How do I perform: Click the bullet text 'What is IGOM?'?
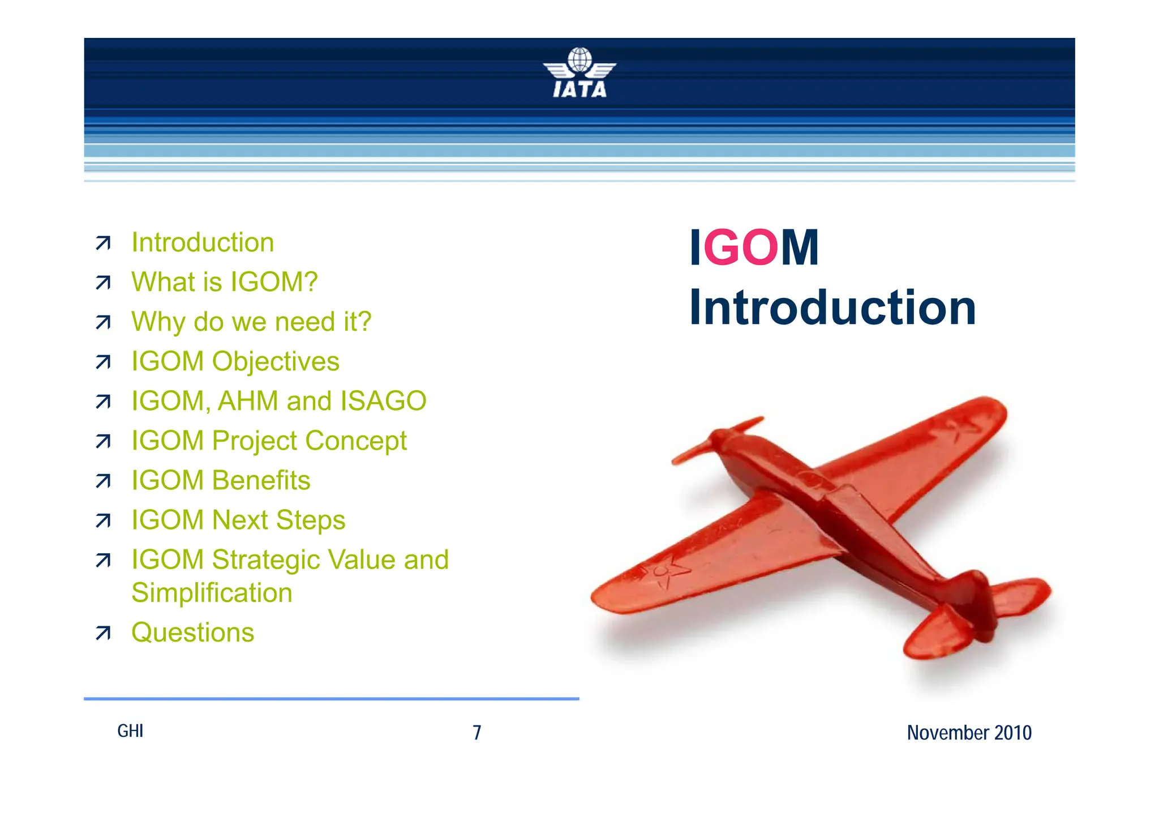point(224,282)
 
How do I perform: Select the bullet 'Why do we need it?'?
point(251,322)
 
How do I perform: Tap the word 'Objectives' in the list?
point(275,362)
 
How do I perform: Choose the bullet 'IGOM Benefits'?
point(221,480)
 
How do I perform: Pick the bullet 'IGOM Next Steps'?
point(238,520)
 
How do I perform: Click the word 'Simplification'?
point(212,593)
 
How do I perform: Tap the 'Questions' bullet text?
point(192,633)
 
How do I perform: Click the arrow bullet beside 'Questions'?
point(103,633)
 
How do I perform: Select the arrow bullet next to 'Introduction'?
point(103,243)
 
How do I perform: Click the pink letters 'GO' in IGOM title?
point(741,247)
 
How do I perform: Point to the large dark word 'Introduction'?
point(832,308)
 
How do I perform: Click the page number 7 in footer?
point(477,733)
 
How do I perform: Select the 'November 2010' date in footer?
point(969,733)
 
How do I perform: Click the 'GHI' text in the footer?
point(130,731)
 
